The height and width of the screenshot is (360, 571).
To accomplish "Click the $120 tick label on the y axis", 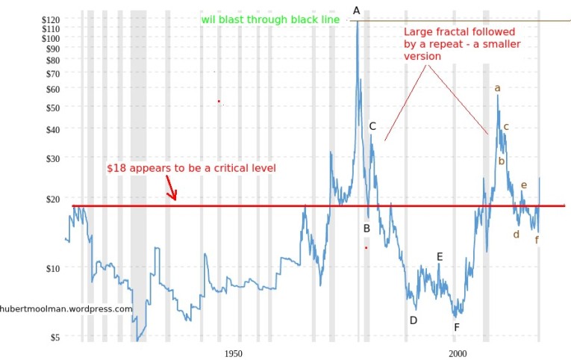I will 51,19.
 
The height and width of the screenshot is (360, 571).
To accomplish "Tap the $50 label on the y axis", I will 53,108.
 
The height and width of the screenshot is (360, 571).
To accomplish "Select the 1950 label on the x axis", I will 233,353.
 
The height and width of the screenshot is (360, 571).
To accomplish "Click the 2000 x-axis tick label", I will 458,353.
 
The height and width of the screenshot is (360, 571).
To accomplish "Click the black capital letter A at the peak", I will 357,10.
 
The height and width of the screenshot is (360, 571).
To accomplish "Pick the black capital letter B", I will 366,229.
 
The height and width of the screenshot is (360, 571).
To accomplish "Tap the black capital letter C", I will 372,126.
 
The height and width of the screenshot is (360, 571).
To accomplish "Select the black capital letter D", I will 413,320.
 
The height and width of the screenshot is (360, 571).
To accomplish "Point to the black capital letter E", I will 440,257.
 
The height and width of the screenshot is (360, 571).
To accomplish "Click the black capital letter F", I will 457,326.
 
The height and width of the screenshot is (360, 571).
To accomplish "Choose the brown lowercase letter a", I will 498,88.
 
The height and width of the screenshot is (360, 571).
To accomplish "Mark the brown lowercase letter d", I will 516,235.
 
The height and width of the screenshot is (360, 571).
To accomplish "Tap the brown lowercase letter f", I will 537,240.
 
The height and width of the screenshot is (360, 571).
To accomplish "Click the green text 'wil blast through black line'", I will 270,19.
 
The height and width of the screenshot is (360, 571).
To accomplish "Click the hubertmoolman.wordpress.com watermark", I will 66,308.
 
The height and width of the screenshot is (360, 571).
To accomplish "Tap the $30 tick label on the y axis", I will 53,158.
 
